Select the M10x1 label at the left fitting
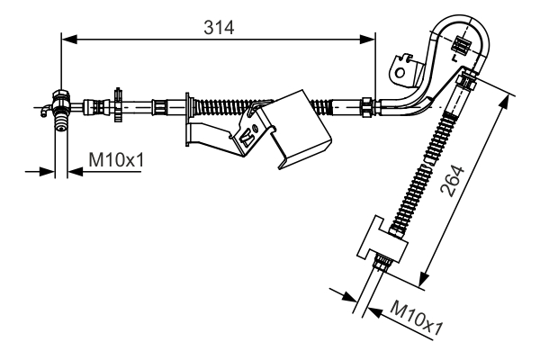coord(116,160)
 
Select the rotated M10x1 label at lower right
coord(415,319)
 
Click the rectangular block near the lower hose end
coord(382,240)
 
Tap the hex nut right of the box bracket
coord(367,105)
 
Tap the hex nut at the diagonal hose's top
coord(465,83)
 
